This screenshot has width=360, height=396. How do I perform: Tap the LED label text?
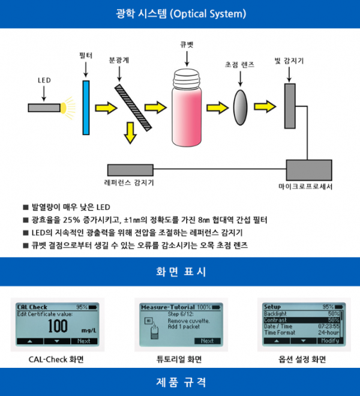(x=44, y=80)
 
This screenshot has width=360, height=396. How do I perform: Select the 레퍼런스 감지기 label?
(x=130, y=183)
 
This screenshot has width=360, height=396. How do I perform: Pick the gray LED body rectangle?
(x=44, y=107)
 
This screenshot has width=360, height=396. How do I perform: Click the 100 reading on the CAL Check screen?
(x=58, y=326)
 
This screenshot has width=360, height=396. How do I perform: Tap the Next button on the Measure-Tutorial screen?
(x=206, y=341)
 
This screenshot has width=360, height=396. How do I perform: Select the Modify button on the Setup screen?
(x=329, y=340)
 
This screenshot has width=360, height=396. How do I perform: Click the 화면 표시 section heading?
(x=179, y=272)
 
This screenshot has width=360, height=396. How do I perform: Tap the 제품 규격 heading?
(x=179, y=382)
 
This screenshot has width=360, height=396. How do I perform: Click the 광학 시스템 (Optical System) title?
(x=181, y=13)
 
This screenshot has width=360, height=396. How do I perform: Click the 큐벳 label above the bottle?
(x=187, y=44)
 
